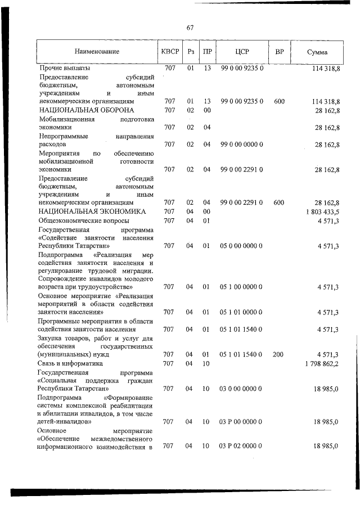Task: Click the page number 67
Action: pos(190,27)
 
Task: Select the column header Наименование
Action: pos(98,52)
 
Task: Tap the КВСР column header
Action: pos(170,52)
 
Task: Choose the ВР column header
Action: pos(279,52)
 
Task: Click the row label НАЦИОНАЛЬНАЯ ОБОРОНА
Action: pos(86,110)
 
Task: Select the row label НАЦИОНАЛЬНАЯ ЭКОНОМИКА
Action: pos(92,211)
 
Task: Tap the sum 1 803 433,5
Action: pos(322,211)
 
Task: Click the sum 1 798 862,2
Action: pos(322,364)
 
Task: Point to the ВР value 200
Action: pos(278,354)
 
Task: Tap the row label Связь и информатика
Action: pos(71,364)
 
